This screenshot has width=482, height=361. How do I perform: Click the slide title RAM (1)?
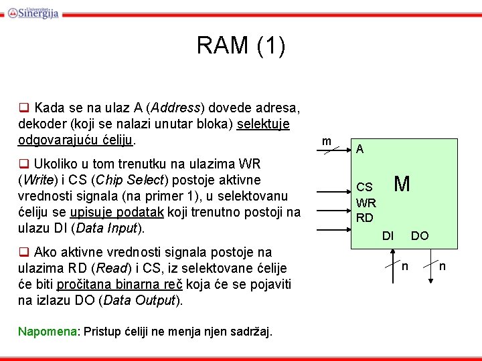pyautogui.click(x=241, y=46)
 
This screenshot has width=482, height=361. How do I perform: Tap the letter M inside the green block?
pyautogui.click(x=402, y=184)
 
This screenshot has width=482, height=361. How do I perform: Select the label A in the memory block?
pyautogui.click(x=360, y=150)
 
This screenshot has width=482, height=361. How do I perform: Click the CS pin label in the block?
pyautogui.click(x=364, y=188)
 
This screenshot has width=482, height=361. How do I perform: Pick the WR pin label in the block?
pyautogui.click(x=366, y=203)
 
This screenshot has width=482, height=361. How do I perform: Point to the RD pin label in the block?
pyautogui.click(x=365, y=217)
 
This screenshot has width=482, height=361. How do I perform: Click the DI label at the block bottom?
pyautogui.click(x=388, y=235)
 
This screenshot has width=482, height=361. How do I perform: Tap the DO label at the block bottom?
pyautogui.click(x=420, y=235)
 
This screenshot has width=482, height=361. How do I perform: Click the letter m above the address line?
pyautogui.click(x=326, y=141)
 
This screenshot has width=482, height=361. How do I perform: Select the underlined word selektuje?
pyautogui.click(x=267, y=124)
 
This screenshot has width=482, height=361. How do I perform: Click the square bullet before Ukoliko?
pyautogui.click(x=23, y=164)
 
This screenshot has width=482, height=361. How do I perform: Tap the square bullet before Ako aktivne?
pyautogui.click(x=23, y=253)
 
